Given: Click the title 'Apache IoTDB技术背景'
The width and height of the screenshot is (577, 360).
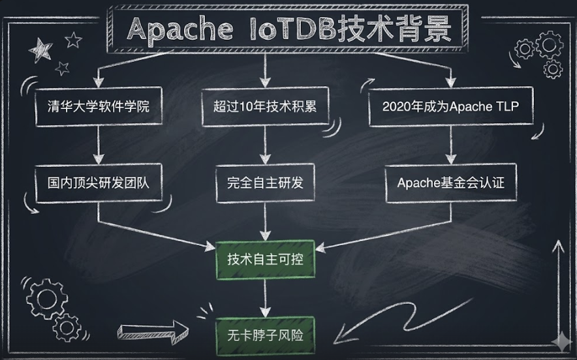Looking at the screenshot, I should [289, 29].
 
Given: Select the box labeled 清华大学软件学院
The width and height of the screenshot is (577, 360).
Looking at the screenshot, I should [98, 106].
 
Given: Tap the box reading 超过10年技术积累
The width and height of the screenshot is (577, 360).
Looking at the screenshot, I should [264, 106].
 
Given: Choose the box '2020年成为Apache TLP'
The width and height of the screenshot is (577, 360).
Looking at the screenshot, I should [450, 106].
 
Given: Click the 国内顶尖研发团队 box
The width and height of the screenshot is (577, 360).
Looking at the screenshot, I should [98, 183].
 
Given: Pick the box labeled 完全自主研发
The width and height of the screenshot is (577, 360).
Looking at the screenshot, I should [264, 183].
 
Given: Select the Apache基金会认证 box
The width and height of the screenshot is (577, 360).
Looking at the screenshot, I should [450, 183].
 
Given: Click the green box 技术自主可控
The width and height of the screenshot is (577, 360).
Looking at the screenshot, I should [264, 260].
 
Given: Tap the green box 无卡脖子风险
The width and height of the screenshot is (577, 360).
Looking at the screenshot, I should [264, 335].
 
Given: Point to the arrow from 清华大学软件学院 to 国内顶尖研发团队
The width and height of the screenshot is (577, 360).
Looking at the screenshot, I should [98, 144].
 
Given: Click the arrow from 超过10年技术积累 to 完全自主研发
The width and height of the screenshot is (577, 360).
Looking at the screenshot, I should [264, 144].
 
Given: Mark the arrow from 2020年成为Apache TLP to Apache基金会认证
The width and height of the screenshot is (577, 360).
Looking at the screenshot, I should [450, 144].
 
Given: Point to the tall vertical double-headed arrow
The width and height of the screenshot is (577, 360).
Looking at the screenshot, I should [558, 287].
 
